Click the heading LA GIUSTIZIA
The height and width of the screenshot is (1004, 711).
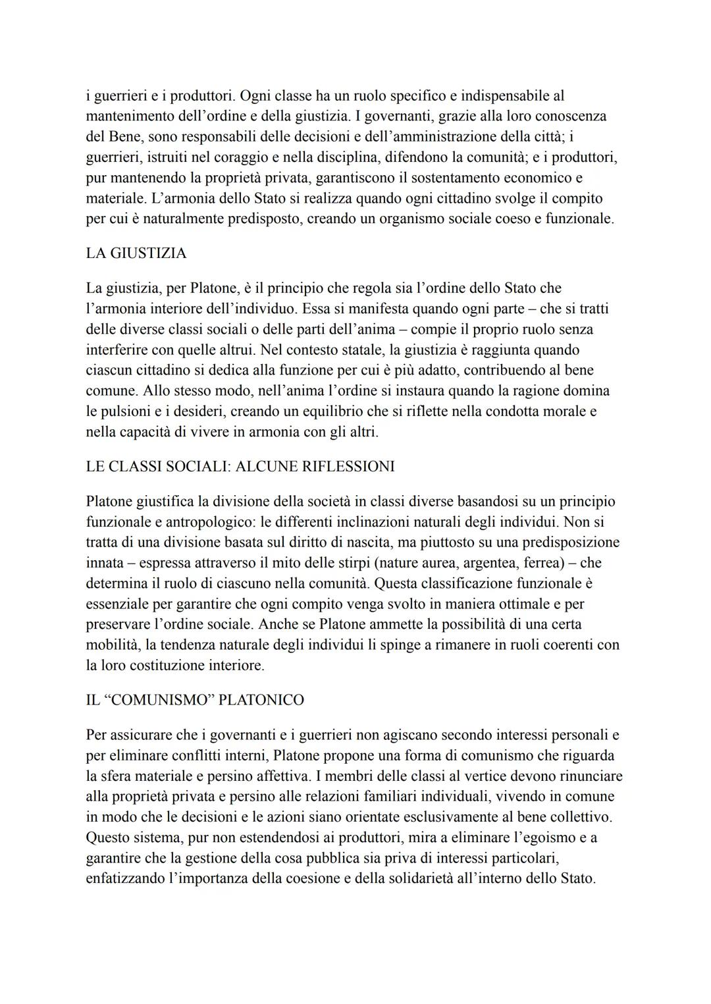click(x=136, y=253)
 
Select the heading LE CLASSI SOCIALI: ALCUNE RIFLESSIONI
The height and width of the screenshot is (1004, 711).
click(x=240, y=467)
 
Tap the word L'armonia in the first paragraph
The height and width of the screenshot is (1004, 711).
click(x=167, y=198)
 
